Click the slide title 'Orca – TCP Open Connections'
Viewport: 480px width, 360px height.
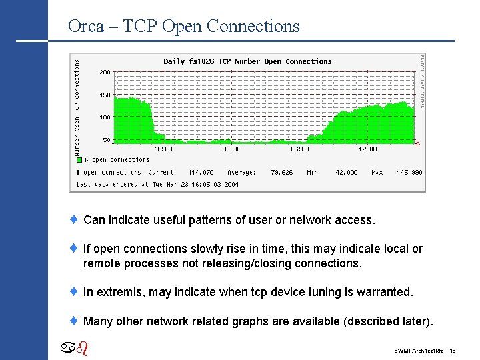point(184,26)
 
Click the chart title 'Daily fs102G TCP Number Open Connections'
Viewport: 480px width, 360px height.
point(247,61)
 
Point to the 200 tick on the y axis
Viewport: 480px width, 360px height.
point(105,71)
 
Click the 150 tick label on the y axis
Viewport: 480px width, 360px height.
point(105,95)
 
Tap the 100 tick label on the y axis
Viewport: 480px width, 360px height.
point(105,117)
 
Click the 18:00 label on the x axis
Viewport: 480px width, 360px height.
point(163,149)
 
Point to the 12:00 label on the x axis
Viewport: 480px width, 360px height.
point(368,149)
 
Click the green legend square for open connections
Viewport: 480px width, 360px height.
point(79,160)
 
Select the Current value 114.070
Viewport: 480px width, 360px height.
point(201,172)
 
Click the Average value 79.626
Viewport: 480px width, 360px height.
point(281,172)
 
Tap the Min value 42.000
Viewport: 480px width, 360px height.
point(346,172)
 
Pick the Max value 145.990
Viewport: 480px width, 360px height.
point(409,172)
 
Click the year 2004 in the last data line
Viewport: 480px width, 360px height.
point(231,184)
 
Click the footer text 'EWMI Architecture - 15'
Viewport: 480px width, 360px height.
point(425,350)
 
